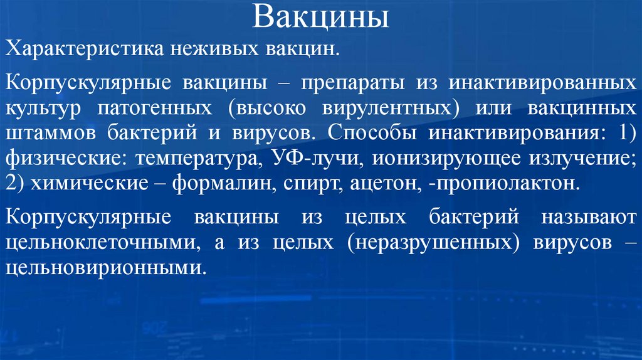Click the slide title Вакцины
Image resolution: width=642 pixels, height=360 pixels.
(x=320, y=18)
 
